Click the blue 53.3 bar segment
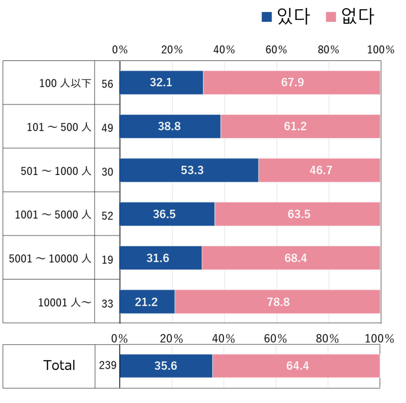[189, 170]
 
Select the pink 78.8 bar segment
[278, 302]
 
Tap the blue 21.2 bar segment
[147, 302]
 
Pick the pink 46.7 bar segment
[319, 170]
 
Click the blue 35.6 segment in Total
[166, 366]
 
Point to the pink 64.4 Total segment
[296, 366]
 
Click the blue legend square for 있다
[266, 17]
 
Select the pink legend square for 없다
[331, 17]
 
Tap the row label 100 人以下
[65, 84]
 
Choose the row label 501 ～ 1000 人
[56, 171]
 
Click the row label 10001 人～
[65, 302]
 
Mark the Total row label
[59, 365]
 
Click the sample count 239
[107, 365]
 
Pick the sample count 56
[107, 84]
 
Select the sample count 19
[107, 259]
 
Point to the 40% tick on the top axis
[224, 50]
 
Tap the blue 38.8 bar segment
[170, 126]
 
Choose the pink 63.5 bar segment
[298, 214]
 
